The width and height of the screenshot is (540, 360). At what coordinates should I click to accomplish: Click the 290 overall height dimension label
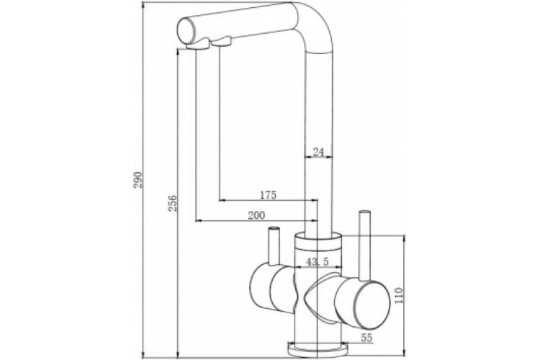[x=138, y=179]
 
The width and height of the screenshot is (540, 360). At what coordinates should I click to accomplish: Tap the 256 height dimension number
[x=172, y=203]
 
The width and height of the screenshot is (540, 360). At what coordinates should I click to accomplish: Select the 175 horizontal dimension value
[x=268, y=195]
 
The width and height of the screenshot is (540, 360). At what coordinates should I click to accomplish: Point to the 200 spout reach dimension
[x=256, y=215]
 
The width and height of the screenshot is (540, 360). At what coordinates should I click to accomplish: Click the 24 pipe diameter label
[x=318, y=152]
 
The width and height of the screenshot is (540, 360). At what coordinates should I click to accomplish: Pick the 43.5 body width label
[x=318, y=262]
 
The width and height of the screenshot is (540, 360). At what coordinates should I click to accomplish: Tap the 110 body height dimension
[x=399, y=296]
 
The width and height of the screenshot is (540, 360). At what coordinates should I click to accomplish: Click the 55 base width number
[x=367, y=338]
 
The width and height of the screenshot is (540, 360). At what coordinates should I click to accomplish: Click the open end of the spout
[x=185, y=31]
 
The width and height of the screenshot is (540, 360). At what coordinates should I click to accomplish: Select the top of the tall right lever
[x=364, y=212]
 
